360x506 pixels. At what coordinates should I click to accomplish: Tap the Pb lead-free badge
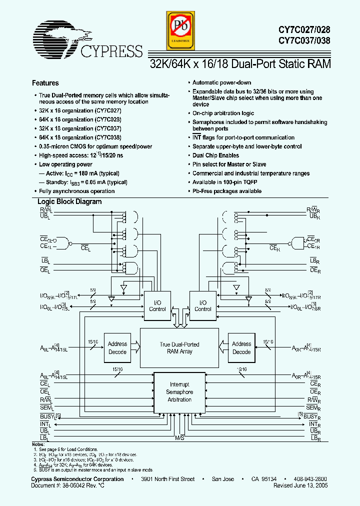point(179,30)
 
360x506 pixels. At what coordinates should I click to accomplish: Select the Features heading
point(45,83)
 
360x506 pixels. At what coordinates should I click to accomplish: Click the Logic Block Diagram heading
point(70,202)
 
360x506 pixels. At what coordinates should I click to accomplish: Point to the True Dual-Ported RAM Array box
point(179,347)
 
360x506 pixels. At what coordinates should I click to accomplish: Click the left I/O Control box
point(157,305)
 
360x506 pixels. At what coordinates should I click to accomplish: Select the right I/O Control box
point(202,305)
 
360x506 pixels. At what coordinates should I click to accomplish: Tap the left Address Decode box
point(117,347)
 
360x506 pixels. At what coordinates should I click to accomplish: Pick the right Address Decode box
point(241,347)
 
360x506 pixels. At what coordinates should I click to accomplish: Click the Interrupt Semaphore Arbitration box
point(179,392)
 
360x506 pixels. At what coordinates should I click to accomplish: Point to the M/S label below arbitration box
point(179,437)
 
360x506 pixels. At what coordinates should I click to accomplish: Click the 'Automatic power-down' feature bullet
point(221,82)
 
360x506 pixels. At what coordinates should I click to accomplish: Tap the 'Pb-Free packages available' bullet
point(227,191)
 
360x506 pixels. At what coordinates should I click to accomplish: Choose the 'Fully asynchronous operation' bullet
point(77,191)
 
